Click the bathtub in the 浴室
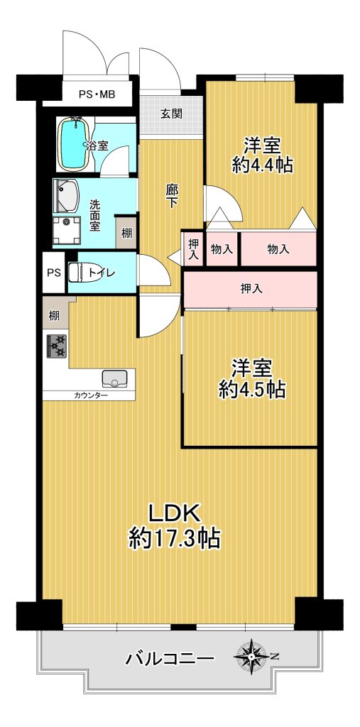pos(74,143)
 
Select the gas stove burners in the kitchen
pos(56,346)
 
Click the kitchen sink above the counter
pos(114,378)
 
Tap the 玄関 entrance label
pos(171,113)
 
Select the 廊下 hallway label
pos(172,197)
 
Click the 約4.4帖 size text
pos(263,165)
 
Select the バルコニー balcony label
pos(170,658)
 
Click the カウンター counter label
pos(90,395)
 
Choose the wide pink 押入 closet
pos(251,290)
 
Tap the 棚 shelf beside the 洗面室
pos(126,232)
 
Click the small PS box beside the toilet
pos(54,273)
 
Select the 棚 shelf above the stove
pos(55,317)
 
